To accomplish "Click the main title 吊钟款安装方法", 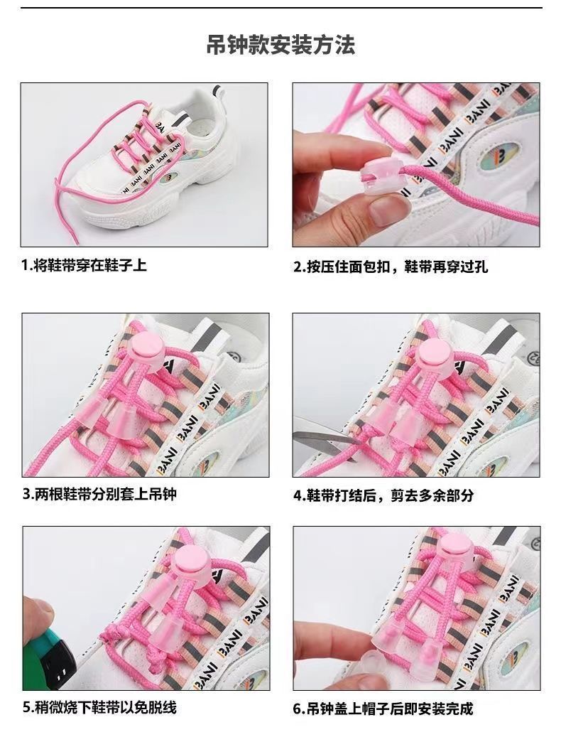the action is pyautogui.click(x=280, y=45).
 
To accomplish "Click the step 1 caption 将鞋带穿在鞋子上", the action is pyautogui.click(x=90, y=265).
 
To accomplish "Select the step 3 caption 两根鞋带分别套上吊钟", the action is pyautogui.click(x=106, y=494).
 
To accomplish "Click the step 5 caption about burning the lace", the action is pyautogui.click(x=106, y=707).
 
